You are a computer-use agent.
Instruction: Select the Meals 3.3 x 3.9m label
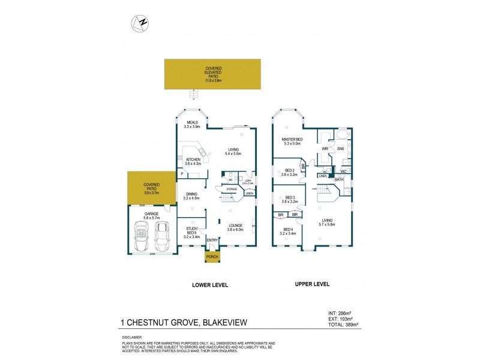pyautogui.click(x=192, y=124)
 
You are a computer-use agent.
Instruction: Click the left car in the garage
pyautogui.click(x=142, y=236)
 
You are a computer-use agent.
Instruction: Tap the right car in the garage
pyautogui.click(x=161, y=236)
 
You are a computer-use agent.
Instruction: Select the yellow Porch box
pyautogui.click(x=212, y=257)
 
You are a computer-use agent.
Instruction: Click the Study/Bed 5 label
pyautogui.click(x=191, y=231)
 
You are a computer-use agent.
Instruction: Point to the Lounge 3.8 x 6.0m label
pyautogui.click(x=235, y=227)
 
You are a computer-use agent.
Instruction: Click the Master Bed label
pyautogui.click(x=292, y=142)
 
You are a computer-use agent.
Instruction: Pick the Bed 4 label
pyautogui.click(x=289, y=231)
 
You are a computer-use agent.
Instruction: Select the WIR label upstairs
pyautogui.click(x=325, y=148)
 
